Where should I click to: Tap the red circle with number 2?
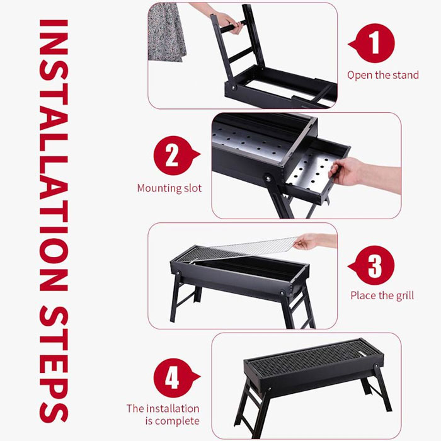pyautogui.click(x=172, y=155)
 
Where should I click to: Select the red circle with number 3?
pyautogui.click(x=375, y=266)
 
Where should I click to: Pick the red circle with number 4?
pyautogui.click(x=172, y=378)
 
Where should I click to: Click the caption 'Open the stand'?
pyautogui.click(x=382, y=75)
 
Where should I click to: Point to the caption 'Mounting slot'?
pyautogui.click(x=169, y=188)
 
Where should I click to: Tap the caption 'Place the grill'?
pyautogui.click(x=382, y=295)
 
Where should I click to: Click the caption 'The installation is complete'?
pyautogui.click(x=163, y=415)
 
